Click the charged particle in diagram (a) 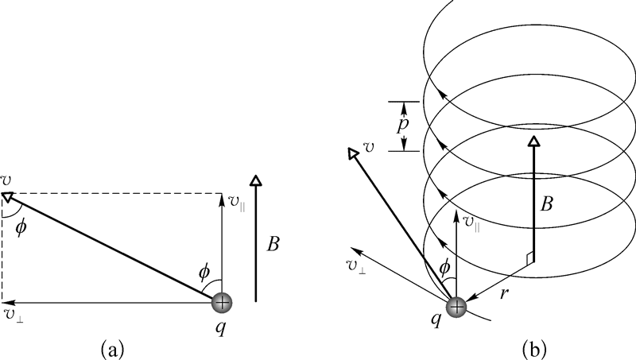click(222, 303)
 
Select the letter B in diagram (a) click(273, 245)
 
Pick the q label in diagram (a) click(222, 326)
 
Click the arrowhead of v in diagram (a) click(8, 195)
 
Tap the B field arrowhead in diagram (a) click(256, 180)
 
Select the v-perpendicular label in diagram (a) click(12, 315)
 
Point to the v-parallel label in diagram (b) click(470, 220)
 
